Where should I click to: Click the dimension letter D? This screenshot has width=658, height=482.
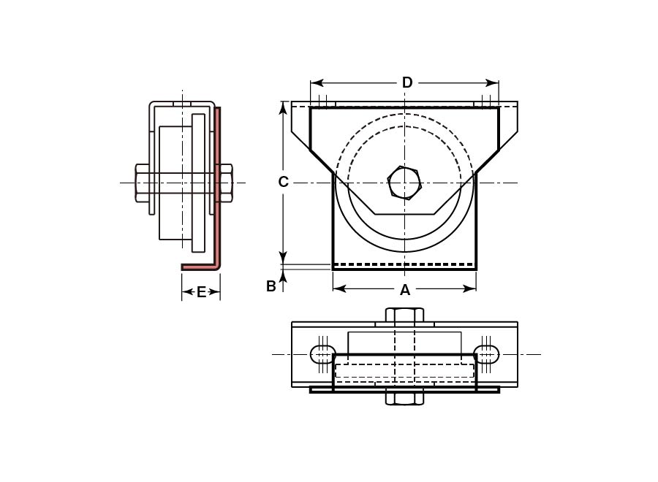coord(407,83)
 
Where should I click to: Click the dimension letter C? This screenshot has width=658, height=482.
coord(284,182)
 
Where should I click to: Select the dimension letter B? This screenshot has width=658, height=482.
coord(271,286)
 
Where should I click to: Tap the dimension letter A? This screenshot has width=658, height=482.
coord(405,290)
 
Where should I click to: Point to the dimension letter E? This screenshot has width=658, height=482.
coord(202,292)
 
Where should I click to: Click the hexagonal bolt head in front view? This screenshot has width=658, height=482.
coord(404,183)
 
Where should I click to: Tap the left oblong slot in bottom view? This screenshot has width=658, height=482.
coord(322,354)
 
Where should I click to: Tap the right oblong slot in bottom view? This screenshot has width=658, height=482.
coord(487,354)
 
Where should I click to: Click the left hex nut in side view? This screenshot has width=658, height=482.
coord(143,183)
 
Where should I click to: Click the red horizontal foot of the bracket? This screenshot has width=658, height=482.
coord(199,267)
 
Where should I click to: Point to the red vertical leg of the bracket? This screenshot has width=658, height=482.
coord(218,183)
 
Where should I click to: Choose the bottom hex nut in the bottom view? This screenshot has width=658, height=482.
coord(404,398)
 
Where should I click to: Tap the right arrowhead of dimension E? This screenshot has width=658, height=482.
coord(216,292)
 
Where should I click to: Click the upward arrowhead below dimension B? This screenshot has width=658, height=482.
coord(284,273)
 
